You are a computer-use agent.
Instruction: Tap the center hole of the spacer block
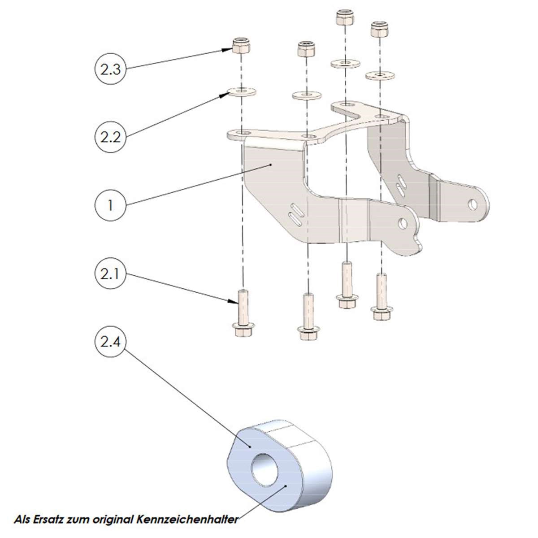tap(267, 471)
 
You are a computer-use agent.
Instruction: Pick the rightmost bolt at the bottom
tap(382, 296)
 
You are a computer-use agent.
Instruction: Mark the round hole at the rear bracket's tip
tap(473, 204)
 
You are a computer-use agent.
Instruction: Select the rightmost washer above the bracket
tap(381, 75)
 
